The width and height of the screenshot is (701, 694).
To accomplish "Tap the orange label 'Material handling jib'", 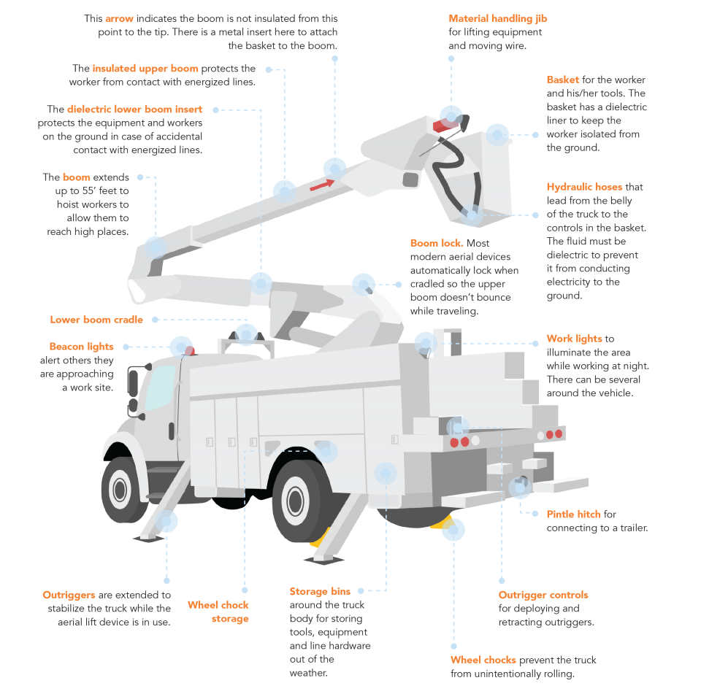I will click(497, 18).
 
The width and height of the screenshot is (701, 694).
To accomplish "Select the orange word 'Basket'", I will click(563, 80).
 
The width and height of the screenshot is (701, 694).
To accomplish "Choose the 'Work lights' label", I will click(574, 339).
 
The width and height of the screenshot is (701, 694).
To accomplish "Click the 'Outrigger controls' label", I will click(543, 595).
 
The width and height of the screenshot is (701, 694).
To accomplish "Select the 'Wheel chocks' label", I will click(483, 660).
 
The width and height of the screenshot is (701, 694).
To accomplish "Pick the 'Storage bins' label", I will click(320, 591).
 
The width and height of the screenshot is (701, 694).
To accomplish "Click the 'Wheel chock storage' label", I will click(218, 612).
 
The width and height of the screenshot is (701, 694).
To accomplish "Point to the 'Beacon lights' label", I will click(82, 347).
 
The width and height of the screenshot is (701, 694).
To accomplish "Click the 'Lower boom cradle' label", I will click(96, 320).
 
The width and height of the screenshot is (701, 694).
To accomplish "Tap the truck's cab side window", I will click(158, 386).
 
